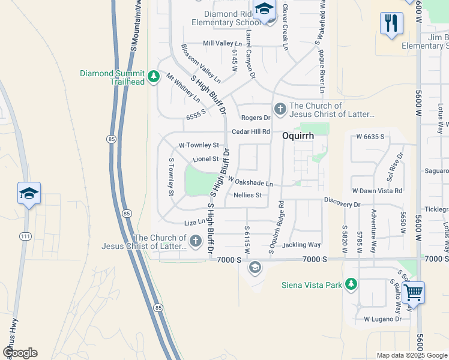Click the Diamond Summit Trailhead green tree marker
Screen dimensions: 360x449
click(x=154, y=76)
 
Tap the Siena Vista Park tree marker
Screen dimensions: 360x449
click(x=351, y=284)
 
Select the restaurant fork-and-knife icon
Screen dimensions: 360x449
click(x=391, y=24)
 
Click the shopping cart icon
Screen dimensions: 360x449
click(x=412, y=294)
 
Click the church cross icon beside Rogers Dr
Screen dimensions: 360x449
click(x=279, y=109)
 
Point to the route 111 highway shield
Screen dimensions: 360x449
click(x=25, y=237)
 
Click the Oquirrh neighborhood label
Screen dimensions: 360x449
click(x=295, y=136)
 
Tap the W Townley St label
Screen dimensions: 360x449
click(x=199, y=145)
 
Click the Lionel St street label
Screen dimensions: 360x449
click(x=206, y=159)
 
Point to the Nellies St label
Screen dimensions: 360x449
click(x=247, y=195)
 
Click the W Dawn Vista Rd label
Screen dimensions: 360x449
click(x=377, y=190)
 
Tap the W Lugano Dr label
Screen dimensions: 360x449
click(x=382, y=319)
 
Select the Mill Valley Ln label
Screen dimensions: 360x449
click(x=223, y=43)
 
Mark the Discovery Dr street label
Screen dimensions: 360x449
click(x=342, y=205)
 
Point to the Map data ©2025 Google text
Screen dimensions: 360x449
click(x=411, y=355)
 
